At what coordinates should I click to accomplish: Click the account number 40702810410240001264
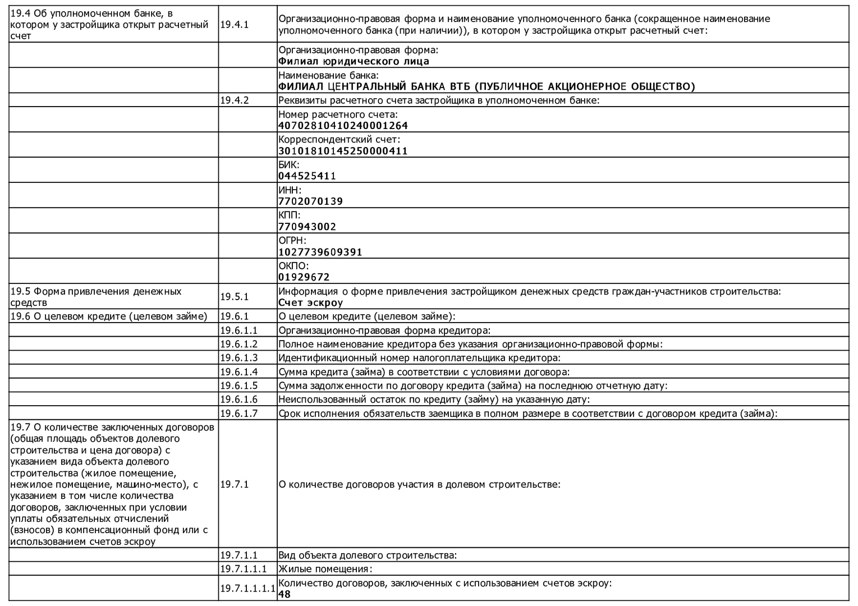coord(343,126)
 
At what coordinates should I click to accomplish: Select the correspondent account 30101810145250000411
coord(343,151)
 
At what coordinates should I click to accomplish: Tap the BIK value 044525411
coord(307,176)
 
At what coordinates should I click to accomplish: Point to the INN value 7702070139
coord(310,201)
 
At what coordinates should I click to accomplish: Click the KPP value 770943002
coord(307,227)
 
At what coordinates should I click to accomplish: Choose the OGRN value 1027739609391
coord(320,252)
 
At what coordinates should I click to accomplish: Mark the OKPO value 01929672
coord(304,277)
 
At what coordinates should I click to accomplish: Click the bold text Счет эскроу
coord(310,303)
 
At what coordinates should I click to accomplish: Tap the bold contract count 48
coord(285,594)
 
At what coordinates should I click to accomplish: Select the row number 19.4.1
coord(234,25)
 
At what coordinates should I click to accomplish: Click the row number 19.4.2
coord(234,100)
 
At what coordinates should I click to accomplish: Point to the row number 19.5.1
coord(234,297)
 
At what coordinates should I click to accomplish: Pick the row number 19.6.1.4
coord(238,371)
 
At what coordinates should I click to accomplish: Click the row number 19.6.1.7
coord(238,414)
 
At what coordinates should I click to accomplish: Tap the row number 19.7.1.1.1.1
coord(247,589)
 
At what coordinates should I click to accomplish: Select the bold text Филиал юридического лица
coord(354,62)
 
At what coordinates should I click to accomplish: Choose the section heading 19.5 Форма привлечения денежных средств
coord(96,297)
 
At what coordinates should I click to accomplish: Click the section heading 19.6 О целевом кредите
coord(109,316)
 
